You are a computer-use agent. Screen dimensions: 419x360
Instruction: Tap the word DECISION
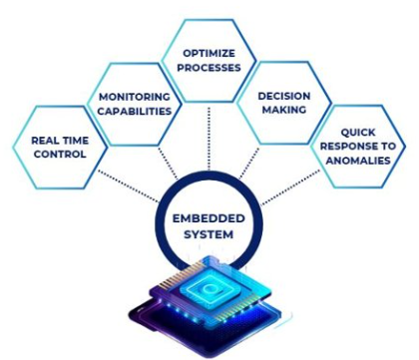(282, 97)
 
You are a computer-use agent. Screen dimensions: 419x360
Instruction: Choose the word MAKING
(282, 111)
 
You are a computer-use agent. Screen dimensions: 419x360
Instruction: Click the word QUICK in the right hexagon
(358, 131)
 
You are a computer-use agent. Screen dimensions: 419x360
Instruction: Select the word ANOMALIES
(358, 160)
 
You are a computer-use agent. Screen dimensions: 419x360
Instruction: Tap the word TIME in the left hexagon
(76, 140)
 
